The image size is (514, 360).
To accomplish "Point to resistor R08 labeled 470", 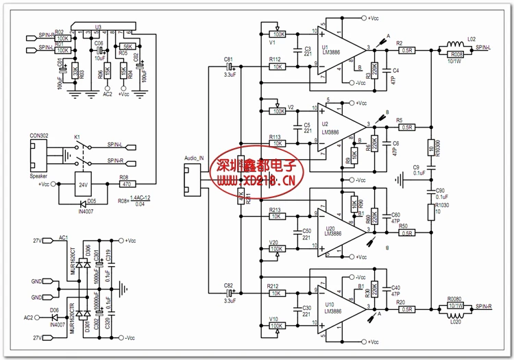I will pyautogui.click(x=125, y=184).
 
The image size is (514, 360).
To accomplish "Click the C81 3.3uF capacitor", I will pyautogui.click(x=230, y=67).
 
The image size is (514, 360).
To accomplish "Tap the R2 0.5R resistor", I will pyautogui.click(x=407, y=50).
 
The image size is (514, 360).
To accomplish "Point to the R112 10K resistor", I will pyautogui.click(x=277, y=67).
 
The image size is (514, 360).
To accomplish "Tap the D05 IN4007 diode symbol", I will pyautogui.click(x=82, y=203).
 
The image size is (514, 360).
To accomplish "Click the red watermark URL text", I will pyautogui.click(x=257, y=181).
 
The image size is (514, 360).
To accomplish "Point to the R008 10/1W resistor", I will pyautogui.click(x=456, y=53).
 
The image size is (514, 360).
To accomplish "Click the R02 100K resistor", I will pyautogui.click(x=62, y=38).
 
